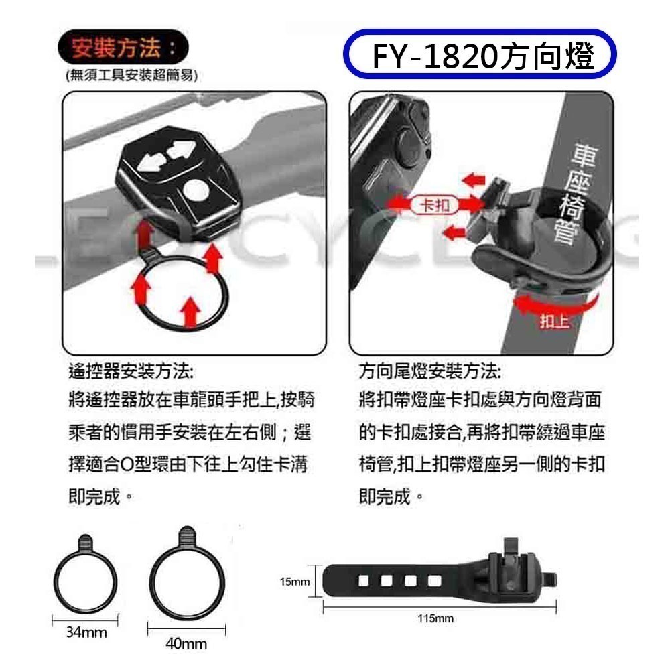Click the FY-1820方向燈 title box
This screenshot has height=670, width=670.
(x=478, y=56)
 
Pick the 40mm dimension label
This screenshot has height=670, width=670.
(x=186, y=644)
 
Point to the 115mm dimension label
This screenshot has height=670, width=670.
(x=435, y=618)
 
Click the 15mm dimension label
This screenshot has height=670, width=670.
(x=295, y=582)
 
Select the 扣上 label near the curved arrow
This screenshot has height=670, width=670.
(x=554, y=322)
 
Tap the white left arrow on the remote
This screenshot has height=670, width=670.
(x=152, y=161)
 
